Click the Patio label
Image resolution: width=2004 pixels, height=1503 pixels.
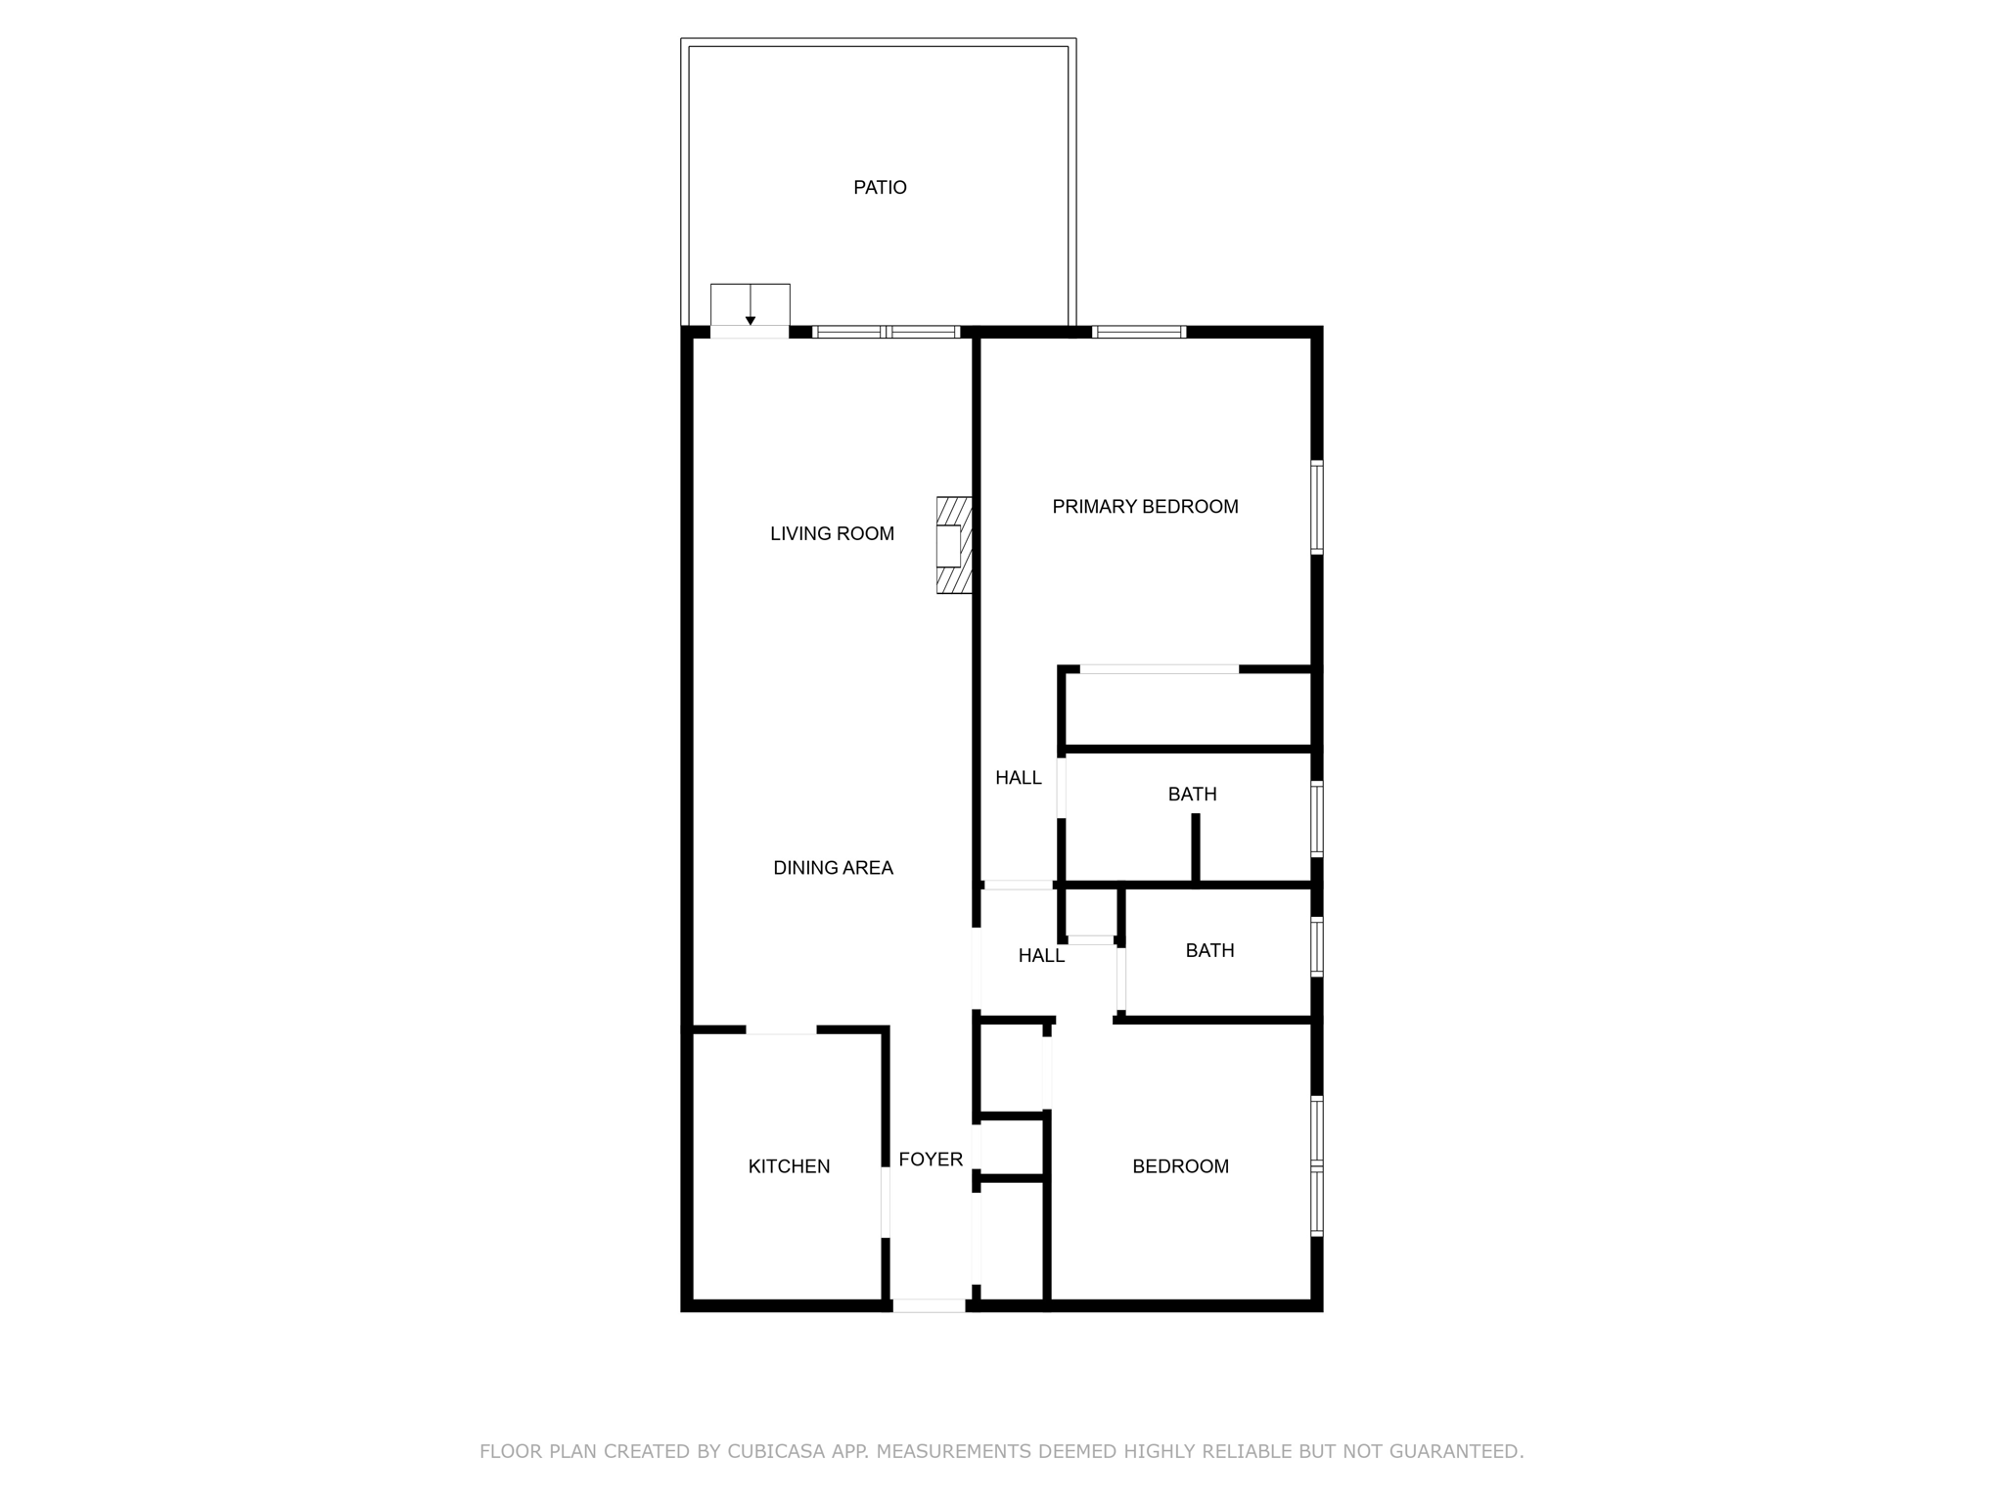pyautogui.click(x=880, y=188)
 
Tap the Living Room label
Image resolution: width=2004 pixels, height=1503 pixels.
pyautogui.click(x=832, y=534)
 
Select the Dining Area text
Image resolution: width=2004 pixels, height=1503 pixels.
pyautogui.click(x=833, y=868)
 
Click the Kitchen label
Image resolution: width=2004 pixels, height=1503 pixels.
pyautogui.click(x=789, y=1166)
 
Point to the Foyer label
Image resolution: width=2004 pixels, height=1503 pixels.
pyautogui.click(x=931, y=1160)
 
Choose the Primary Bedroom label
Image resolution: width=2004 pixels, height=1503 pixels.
pyautogui.click(x=1145, y=507)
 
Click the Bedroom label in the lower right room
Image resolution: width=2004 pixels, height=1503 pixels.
pyautogui.click(x=1180, y=1166)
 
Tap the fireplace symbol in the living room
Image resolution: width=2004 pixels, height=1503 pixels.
pyautogui.click(x=954, y=545)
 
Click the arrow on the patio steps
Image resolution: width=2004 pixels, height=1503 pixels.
pyautogui.click(x=751, y=305)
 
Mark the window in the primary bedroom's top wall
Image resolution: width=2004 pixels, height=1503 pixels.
pyautogui.click(x=1139, y=332)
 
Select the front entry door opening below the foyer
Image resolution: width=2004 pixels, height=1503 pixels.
pyautogui.click(x=929, y=1305)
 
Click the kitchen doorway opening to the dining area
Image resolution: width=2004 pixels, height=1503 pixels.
pyautogui.click(x=781, y=1029)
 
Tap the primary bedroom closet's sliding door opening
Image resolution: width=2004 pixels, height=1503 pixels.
pyautogui.click(x=1160, y=669)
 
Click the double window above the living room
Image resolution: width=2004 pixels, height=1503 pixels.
pyautogui.click(x=887, y=332)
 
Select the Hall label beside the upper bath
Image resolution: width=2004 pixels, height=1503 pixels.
pyautogui.click(x=1019, y=778)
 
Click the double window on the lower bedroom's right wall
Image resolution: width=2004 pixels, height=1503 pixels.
pyautogui.click(x=1317, y=1166)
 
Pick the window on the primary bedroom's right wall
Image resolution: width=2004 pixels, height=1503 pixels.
pyautogui.click(x=1317, y=508)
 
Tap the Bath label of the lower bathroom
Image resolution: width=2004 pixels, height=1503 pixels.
pyautogui.click(x=1209, y=951)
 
